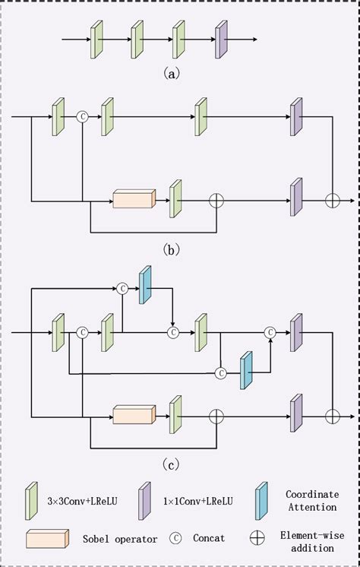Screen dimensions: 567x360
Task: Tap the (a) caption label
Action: coord(172,74)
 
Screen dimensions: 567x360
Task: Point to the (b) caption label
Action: coord(172,249)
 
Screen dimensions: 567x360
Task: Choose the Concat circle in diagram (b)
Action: coord(83,116)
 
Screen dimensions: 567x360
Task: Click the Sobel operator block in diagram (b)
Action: coord(134,200)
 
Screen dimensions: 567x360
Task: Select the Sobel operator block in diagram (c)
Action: coord(134,415)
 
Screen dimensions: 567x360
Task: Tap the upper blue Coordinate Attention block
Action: coord(145,285)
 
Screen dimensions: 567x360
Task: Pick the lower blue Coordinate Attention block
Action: coord(246,371)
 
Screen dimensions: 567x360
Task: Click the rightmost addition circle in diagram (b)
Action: coord(332,200)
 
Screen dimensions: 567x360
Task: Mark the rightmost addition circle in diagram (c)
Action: coord(332,416)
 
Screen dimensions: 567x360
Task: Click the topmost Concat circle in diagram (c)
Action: coord(122,288)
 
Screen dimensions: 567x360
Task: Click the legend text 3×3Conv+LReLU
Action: coord(81,501)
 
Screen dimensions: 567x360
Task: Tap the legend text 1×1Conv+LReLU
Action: coord(197,501)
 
